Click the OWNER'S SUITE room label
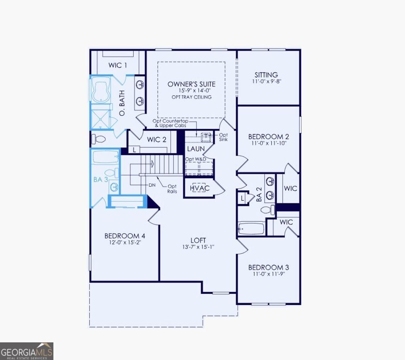click(191, 84)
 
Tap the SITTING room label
click(266, 75)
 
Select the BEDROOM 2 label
click(268, 137)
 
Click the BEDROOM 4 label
click(122, 236)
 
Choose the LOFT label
click(198, 240)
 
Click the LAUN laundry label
click(196, 149)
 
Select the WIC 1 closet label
click(117, 65)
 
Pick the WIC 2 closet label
click(157, 139)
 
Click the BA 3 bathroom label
click(100, 179)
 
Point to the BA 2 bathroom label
click(259, 196)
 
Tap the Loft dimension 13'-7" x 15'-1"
click(198, 247)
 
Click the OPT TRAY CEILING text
click(191, 97)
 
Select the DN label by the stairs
click(152, 185)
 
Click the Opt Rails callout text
click(172, 189)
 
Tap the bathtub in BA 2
click(251, 228)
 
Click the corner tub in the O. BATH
click(100, 89)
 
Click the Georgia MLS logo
click(26, 351)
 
